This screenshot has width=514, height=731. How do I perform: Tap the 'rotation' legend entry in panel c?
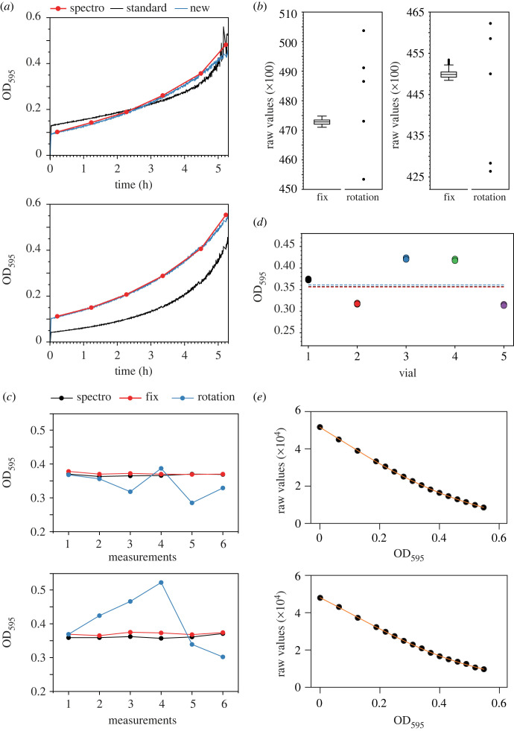215,397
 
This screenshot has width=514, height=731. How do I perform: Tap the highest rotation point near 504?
364,31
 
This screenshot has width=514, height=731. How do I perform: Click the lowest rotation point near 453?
364,179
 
